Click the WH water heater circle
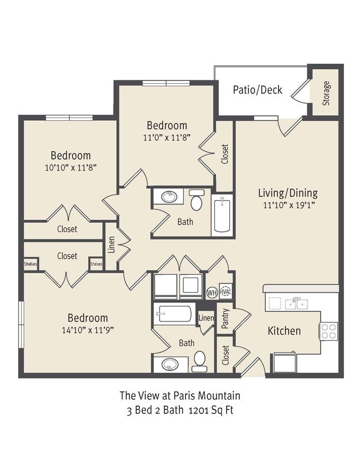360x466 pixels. pos(212,293)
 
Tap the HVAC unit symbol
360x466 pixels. pos(225,291)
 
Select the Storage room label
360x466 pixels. pos(326,93)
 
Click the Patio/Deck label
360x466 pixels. pos(257,90)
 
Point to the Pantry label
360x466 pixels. pos(225,318)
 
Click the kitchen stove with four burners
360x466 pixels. pos(328,331)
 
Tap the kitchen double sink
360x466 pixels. pos(296,304)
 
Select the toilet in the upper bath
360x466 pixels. pos(197,199)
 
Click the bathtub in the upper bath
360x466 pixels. pos(222,215)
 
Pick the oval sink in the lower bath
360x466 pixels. pos(170,364)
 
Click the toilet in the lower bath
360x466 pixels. pos(199,361)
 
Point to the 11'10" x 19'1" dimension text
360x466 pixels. pos(289,206)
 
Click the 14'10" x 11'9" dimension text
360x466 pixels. pos(88,330)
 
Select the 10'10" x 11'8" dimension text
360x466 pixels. pos(71,168)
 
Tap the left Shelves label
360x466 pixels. pos(30,264)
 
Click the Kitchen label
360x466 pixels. pos(284,331)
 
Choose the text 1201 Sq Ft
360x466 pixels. pos(211,410)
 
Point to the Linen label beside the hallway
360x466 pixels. pos(111,244)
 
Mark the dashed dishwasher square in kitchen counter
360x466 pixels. pos(275,304)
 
